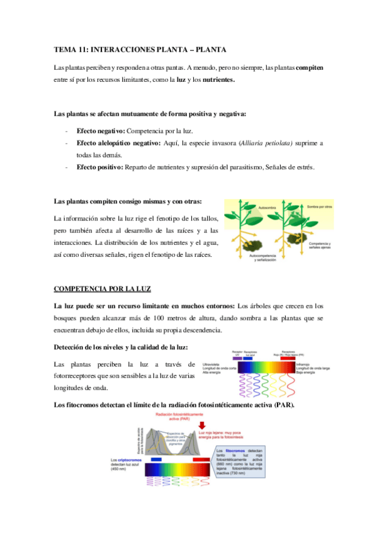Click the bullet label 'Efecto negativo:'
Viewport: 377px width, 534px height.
pyautogui.click(x=101, y=130)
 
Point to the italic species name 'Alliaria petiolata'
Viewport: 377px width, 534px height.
pyautogui.click(x=264, y=143)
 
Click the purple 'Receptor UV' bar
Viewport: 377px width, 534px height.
pyautogui.click(x=237, y=358)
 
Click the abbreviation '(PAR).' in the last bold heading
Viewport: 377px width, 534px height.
pyautogui.click(x=282, y=404)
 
